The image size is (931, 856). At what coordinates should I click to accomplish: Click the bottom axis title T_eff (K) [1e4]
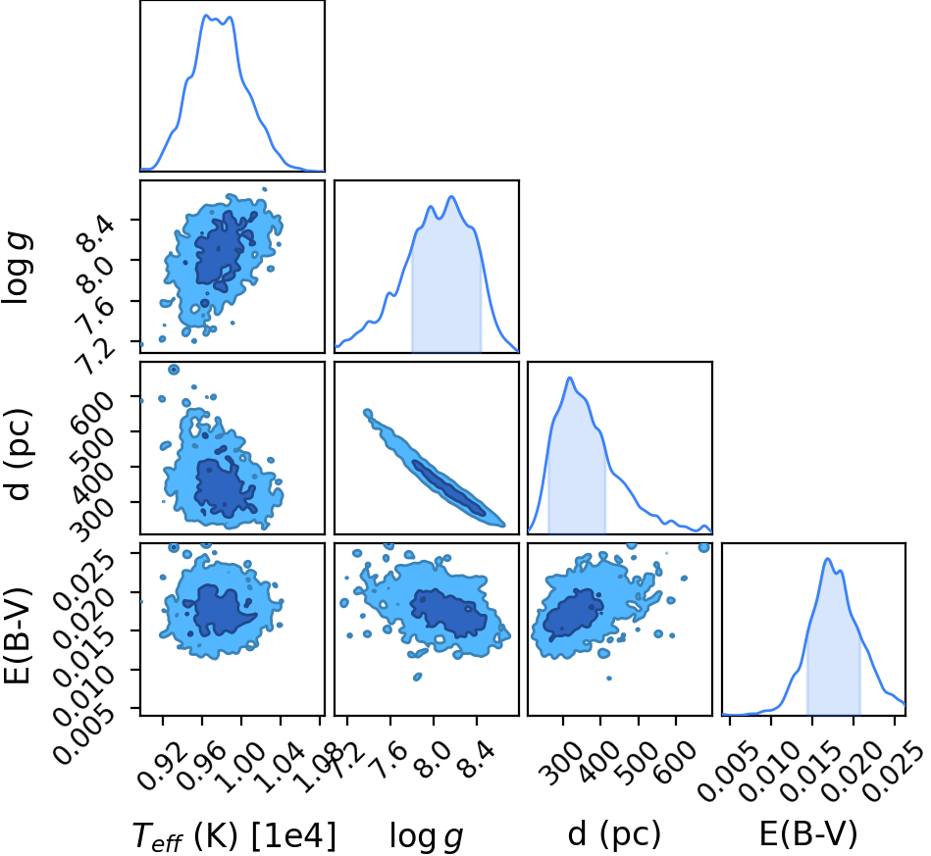(233, 835)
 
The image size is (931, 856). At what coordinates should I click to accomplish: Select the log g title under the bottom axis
(426, 835)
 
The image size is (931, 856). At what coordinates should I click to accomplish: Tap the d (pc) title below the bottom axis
(614, 833)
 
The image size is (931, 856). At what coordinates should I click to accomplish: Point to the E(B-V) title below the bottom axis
(808, 833)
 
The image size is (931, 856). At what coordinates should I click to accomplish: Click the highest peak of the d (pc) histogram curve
(570, 378)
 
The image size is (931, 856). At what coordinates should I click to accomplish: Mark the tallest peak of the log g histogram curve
(451, 196)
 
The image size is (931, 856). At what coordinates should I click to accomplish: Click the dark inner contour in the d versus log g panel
(449, 488)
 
